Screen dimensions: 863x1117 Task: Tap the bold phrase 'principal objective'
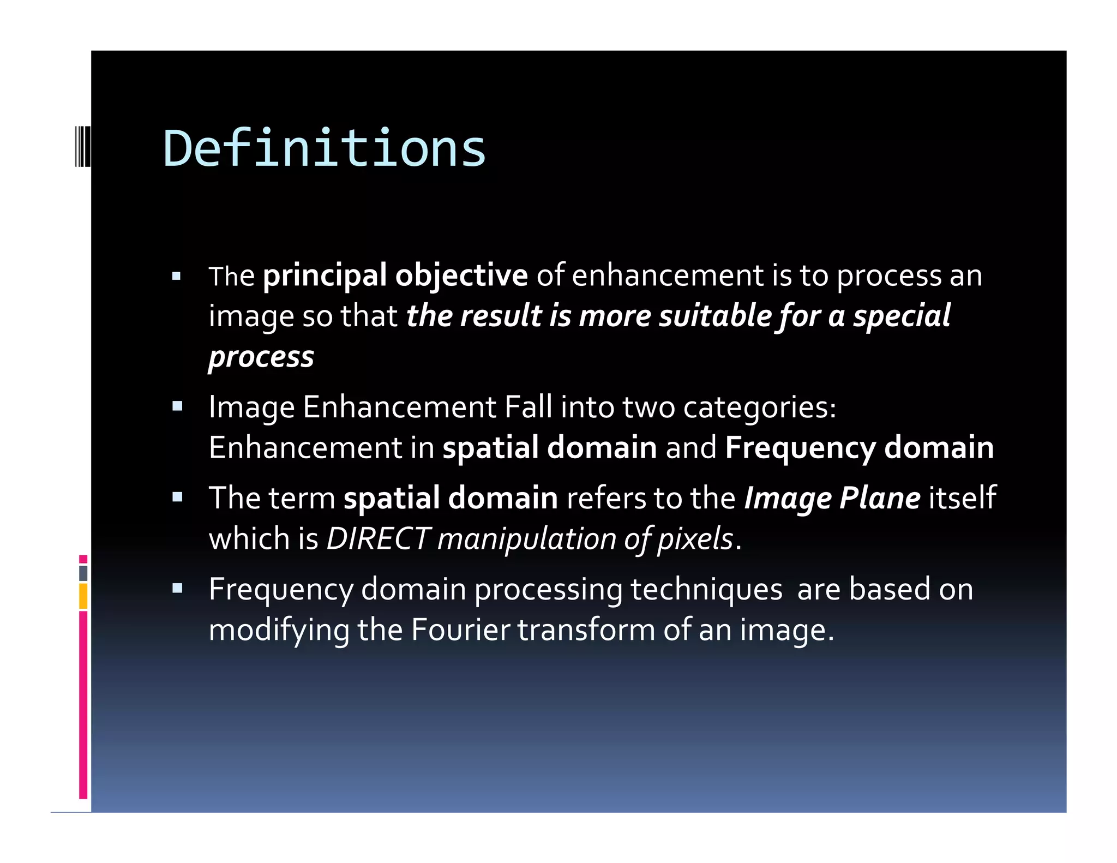coord(395,275)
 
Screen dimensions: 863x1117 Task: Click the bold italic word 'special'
coord(902,316)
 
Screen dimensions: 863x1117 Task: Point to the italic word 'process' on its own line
coord(261,358)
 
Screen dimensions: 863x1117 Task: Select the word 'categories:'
coord(759,408)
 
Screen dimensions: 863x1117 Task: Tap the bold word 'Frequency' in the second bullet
coord(800,448)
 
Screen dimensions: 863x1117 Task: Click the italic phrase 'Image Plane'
coord(832,499)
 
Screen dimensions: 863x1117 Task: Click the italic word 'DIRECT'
coord(378,539)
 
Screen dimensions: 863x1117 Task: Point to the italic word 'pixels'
coord(695,540)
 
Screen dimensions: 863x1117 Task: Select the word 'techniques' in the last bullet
coord(706,590)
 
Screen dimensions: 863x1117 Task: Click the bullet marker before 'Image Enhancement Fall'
coord(177,406)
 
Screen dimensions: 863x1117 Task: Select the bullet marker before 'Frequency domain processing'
coord(177,589)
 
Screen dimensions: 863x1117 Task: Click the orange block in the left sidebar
coord(83,596)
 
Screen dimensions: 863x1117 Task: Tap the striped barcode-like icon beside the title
coord(82,146)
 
